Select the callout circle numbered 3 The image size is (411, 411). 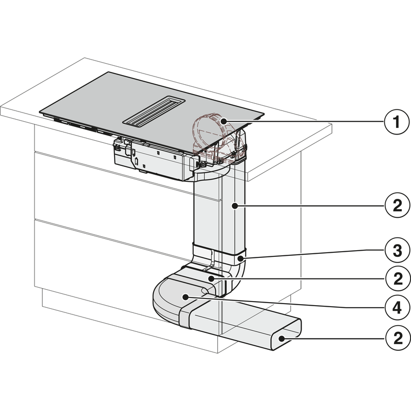coord(394,250)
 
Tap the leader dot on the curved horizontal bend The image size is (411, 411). coord(183,296)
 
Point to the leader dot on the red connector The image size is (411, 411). coord(225,121)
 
